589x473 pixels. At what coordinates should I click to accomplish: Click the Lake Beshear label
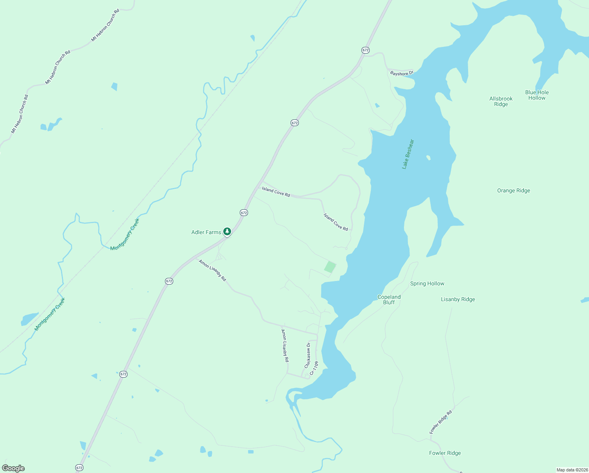tap(408, 154)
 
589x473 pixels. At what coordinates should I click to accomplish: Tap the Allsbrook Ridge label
tap(501, 101)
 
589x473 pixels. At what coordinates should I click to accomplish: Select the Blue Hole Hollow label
tap(537, 95)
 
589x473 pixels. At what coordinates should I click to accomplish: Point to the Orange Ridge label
tap(513, 190)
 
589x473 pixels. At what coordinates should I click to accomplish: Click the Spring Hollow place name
tap(427, 283)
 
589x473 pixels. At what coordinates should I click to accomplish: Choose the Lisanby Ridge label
tap(457, 299)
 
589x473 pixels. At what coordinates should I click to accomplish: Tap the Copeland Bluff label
tap(389, 300)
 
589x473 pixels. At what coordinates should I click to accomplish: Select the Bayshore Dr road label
tap(402, 73)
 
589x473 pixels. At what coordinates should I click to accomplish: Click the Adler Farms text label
tap(206, 232)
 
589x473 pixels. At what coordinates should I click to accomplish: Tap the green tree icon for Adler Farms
tap(227, 231)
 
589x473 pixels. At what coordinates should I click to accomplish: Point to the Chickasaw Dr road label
tap(307, 355)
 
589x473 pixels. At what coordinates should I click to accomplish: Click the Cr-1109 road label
tap(314, 368)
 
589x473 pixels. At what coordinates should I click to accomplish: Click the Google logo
tap(13, 468)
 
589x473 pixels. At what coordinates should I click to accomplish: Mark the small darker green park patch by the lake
tap(330, 267)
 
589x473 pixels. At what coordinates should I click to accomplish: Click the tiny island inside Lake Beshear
tap(428, 158)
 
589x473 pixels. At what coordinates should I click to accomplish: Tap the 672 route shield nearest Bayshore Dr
tap(365, 50)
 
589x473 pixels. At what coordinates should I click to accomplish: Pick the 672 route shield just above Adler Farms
tap(244, 212)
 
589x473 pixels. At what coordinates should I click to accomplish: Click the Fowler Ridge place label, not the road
tap(445, 453)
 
